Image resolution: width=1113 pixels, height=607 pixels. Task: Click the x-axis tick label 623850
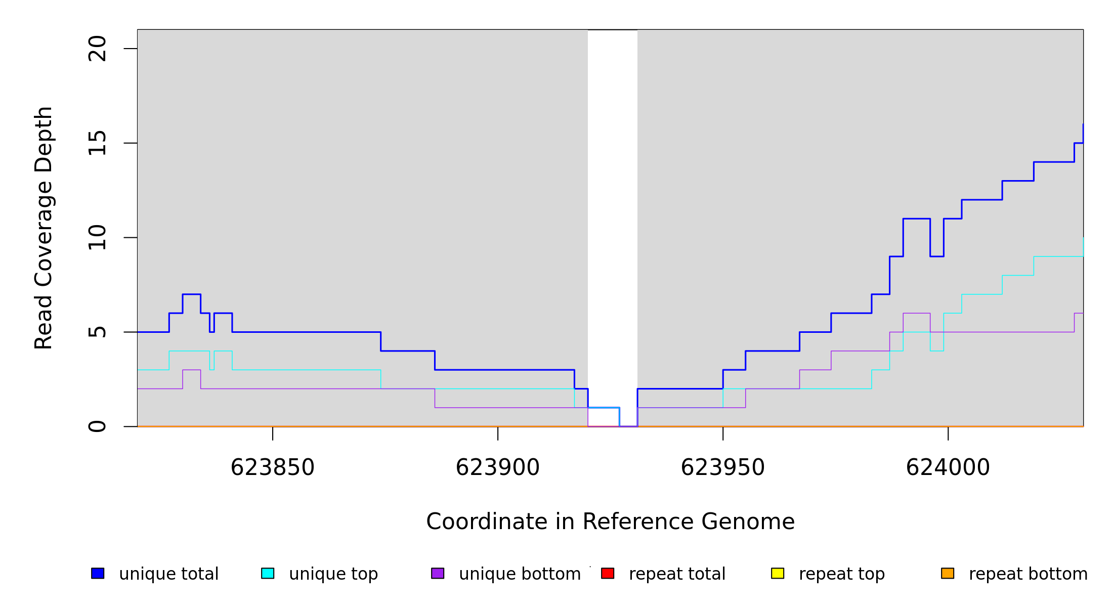point(272,468)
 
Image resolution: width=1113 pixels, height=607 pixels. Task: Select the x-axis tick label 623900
point(497,468)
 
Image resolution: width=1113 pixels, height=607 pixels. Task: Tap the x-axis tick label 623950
point(722,468)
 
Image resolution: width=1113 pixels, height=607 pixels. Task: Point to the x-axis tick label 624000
point(948,468)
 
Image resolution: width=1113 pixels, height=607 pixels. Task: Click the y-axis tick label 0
point(97,426)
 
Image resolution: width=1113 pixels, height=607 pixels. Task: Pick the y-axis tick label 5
point(97,332)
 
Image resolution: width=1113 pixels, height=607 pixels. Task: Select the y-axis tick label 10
point(97,238)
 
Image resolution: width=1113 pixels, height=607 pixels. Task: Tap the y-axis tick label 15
point(97,143)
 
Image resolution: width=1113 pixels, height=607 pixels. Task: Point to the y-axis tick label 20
point(97,49)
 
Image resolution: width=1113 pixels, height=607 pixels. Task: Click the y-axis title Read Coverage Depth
point(44,228)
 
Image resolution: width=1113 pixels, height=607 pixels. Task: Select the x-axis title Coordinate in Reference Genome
point(610,522)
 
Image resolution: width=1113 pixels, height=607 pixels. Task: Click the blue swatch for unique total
point(98,573)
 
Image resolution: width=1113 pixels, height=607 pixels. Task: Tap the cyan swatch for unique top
point(268,573)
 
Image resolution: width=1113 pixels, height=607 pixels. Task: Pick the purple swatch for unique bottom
point(438,573)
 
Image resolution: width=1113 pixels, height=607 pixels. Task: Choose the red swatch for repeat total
point(608,573)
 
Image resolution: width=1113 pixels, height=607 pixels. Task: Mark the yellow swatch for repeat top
point(778,573)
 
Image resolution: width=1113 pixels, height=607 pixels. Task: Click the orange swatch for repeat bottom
point(948,573)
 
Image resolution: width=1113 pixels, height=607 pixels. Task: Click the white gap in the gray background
point(612,202)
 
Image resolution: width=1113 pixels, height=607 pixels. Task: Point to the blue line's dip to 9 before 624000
point(936,256)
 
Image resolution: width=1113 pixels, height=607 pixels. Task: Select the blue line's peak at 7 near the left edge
point(191,294)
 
